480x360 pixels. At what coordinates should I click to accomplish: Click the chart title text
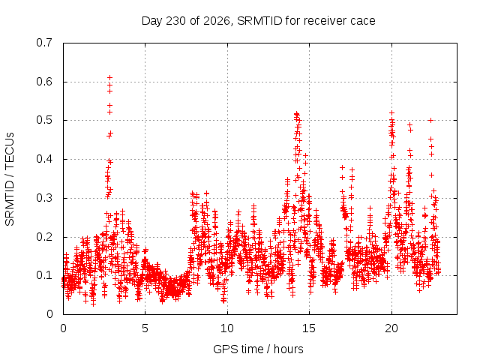[258, 21]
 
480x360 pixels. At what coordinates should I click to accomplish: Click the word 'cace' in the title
[363, 22]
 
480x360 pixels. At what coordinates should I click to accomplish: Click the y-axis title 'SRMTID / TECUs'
[10, 179]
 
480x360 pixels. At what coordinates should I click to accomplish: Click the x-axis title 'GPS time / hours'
[258, 349]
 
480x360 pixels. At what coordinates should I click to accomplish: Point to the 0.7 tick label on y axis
[44, 43]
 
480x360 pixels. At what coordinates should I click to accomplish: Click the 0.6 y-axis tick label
[44, 82]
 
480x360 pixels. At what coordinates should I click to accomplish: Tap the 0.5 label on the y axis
[44, 120]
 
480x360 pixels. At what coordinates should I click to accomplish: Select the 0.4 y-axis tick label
[44, 159]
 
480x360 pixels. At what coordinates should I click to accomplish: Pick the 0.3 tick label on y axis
[44, 198]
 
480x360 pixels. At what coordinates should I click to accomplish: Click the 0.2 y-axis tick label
[44, 237]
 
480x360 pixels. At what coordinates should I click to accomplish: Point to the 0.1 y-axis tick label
[44, 275]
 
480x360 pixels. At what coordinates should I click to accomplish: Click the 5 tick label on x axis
[145, 328]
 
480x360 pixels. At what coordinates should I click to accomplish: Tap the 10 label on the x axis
[227, 328]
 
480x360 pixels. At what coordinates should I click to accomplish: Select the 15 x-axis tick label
[309, 328]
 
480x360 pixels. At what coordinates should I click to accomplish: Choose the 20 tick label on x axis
[391, 328]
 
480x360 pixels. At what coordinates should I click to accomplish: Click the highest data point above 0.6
[110, 78]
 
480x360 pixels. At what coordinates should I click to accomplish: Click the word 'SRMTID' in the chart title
[259, 21]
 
